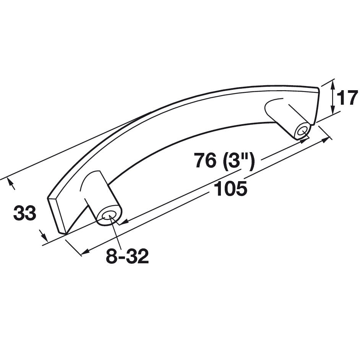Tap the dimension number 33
[25, 213]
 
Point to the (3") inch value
[238, 161]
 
